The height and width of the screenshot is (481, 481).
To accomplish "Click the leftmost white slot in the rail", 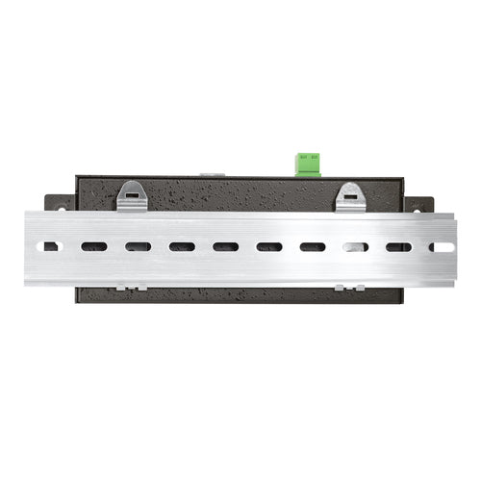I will click(x=50, y=247).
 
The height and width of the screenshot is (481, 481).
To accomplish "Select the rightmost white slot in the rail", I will click(x=442, y=247).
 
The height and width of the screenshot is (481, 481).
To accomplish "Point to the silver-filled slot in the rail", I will click(x=355, y=247).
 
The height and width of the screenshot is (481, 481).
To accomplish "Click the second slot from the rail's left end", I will click(x=94, y=247).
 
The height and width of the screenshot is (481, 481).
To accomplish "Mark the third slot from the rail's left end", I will click(x=138, y=247).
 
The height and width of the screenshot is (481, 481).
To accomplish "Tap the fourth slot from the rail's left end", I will click(x=182, y=247).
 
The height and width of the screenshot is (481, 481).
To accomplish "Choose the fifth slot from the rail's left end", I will click(x=225, y=247).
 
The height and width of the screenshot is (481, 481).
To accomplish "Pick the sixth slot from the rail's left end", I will click(x=269, y=247).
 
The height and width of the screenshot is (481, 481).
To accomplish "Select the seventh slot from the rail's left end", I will click(x=313, y=247).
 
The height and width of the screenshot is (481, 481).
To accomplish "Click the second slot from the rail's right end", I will click(x=398, y=247).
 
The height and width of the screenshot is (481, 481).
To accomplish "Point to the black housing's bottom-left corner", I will click(x=78, y=300).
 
